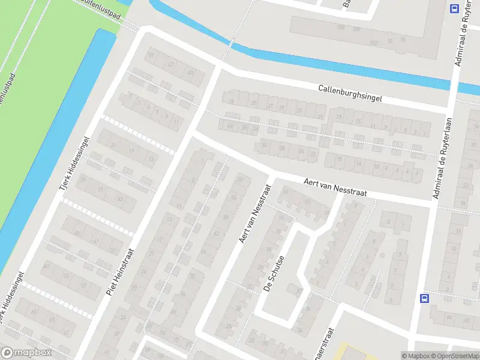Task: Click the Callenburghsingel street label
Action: point(350,93)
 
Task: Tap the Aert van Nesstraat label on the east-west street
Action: point(335,187)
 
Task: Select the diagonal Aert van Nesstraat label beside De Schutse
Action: point(254,213)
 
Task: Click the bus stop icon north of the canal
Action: point(454,8)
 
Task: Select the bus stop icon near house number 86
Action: point(424,299)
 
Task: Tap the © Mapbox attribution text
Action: point(415,356)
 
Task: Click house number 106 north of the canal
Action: point(341,28)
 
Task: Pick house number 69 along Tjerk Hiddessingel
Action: point(35,312)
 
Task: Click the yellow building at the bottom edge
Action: point(345,353)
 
